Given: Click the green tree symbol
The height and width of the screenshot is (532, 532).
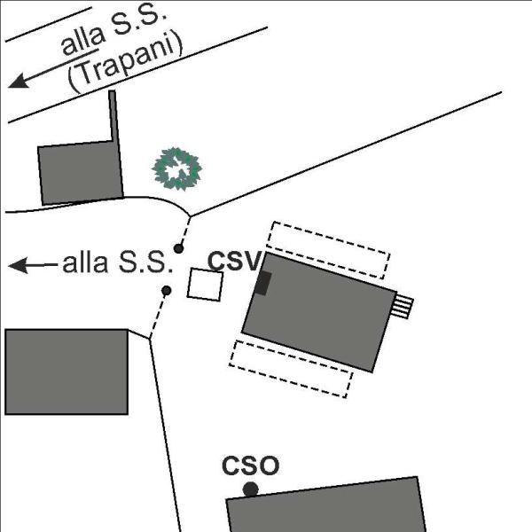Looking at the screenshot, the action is [176, 168].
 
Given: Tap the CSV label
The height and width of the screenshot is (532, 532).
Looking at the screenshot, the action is [235, 262].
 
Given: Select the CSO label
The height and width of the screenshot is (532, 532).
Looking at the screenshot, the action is [251, 465].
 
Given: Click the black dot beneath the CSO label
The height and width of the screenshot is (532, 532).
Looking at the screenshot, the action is [251, 489].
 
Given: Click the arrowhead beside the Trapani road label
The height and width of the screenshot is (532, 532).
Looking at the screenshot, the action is [20, 81].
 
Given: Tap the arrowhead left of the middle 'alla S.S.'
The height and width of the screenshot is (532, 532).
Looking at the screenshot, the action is [19, 265].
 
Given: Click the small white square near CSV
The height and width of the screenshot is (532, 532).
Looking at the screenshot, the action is [206, 285].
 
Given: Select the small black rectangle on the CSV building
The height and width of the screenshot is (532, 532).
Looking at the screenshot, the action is [263, 284].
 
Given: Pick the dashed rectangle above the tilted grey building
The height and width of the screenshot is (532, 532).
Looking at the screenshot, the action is [328, 250].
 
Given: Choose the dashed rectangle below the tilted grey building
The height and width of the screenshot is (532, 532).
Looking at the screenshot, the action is [291, 369].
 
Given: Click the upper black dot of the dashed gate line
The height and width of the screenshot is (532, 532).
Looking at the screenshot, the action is [179, 248].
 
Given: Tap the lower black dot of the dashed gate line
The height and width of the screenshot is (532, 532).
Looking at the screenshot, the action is [167, 291].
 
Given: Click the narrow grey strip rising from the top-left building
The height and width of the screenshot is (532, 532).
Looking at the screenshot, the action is [114, 115].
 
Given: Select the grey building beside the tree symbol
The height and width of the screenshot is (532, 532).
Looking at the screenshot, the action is [81, 173].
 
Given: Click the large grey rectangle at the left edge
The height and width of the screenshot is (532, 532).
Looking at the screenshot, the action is [66, 372].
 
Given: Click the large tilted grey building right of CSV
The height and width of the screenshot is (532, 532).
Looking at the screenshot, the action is [319, 312].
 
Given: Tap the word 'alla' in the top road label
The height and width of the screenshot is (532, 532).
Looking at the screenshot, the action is [83, 42].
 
